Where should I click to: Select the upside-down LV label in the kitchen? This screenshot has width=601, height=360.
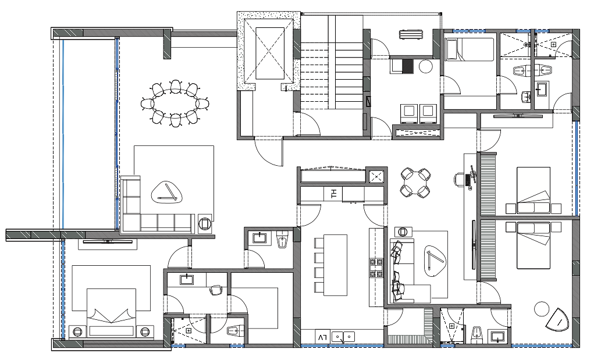tap(322, 337)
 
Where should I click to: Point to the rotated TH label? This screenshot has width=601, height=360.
tap(334, 194)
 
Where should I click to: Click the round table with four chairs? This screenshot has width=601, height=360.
tap(415, 183)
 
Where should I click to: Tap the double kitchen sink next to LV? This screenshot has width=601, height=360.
tap(343, 337)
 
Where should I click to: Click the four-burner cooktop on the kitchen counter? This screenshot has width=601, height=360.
tap(376, 268)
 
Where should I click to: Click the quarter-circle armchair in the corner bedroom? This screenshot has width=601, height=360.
tap(557, 319)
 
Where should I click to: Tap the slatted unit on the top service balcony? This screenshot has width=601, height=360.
tap(411, 35)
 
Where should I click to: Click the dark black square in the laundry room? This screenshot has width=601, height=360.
tap(408, 66)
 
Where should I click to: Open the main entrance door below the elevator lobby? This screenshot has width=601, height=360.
tap(268, 151)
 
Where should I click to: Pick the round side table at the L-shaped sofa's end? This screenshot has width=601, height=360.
tap(205, 223)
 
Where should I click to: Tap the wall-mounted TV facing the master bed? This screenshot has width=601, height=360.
tap(108, 242)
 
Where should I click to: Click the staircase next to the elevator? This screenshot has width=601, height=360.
tap(332, 74)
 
